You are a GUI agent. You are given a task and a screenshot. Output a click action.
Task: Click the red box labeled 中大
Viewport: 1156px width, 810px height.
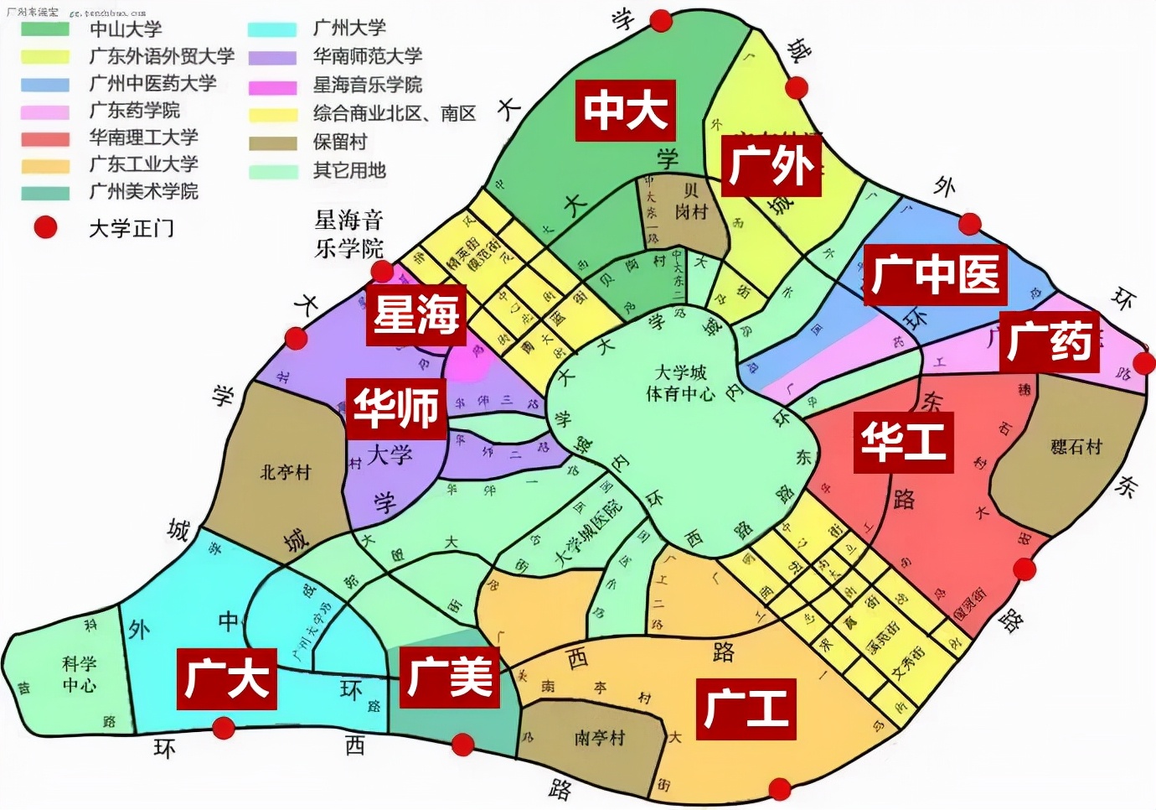coord(625,110)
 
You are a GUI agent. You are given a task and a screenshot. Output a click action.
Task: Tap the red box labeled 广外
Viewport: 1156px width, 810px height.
coord(771,165)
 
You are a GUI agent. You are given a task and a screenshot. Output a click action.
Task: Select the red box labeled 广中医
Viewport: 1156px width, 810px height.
coord(935,274)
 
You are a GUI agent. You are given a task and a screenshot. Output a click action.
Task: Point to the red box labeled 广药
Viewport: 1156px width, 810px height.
coord(1049,341)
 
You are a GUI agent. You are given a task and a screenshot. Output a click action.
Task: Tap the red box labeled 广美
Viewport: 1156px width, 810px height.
coord(449,677)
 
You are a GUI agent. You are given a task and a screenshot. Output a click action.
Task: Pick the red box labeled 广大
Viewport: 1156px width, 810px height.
coord(226,678)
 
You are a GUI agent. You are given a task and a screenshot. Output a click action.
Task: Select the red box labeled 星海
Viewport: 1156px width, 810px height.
coord(415,314)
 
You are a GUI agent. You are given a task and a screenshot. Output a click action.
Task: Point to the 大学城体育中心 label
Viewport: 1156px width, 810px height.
coord(680,382)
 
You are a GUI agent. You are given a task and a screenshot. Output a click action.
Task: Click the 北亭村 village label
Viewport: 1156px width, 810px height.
coord(285,472)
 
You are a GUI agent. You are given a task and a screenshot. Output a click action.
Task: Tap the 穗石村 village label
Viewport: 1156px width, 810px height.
coord(1076,447)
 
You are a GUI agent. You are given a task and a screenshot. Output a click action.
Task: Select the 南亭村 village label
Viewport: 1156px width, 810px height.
coord(599,738)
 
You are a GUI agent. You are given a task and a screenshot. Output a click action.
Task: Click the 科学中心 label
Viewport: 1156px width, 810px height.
coord(80,674)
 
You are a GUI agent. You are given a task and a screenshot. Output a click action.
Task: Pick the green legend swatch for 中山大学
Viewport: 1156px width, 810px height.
coord(45,29)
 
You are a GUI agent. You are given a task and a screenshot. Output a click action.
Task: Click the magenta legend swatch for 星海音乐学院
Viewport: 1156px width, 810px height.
coord(272,86)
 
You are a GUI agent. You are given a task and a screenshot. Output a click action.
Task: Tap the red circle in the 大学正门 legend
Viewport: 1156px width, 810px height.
coord(45,227)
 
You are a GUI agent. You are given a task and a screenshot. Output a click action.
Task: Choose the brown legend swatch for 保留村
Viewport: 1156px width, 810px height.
coord(272,143)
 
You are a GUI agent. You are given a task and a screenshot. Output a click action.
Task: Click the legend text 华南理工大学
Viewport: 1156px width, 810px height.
coord(143,138)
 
